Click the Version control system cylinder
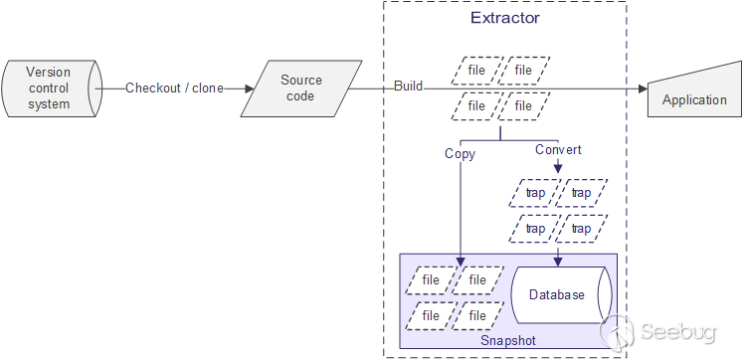tap(50, 89)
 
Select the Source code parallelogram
tap(300, 89)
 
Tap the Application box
tap(694, 99)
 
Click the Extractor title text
tap(504, 19)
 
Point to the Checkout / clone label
tap(174, 88)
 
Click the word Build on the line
tap(408, 87)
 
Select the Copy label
tap(460, 154)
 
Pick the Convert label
tap(558, 150)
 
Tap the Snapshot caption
tap(507, 340)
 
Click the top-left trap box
tap(535, 193)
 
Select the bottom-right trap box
tap(581, 229)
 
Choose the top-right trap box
tap(581, 193)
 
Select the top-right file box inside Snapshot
tap(477, 280)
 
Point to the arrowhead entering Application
tap(642, 89)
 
